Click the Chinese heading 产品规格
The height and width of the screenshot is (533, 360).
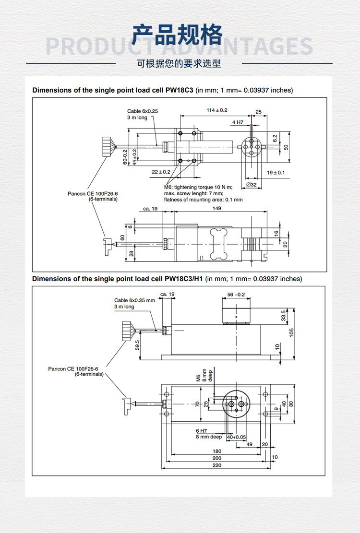(178, 35)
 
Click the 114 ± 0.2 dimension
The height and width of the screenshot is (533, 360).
(217, 110)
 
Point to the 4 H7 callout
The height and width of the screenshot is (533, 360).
(238, 122)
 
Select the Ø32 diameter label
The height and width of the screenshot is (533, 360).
(251, 185)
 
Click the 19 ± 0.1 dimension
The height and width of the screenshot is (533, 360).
(276, 172)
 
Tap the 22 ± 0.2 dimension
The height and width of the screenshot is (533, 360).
(161, 172)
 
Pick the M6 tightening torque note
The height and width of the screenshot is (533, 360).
(198, 187)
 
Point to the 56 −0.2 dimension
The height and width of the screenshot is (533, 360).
(236, 295)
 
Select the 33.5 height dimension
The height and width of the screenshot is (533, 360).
(284, 315)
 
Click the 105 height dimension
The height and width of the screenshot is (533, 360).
(291, 332)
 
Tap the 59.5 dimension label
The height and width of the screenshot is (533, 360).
(137, 345)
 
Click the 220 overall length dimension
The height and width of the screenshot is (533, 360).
(217, 465)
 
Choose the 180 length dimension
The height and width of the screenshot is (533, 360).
(217, 451)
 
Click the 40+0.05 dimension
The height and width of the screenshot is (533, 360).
(236, 437)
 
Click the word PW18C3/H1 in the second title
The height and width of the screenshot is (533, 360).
(184, 279)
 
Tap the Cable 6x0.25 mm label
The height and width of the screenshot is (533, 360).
(134, 300)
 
